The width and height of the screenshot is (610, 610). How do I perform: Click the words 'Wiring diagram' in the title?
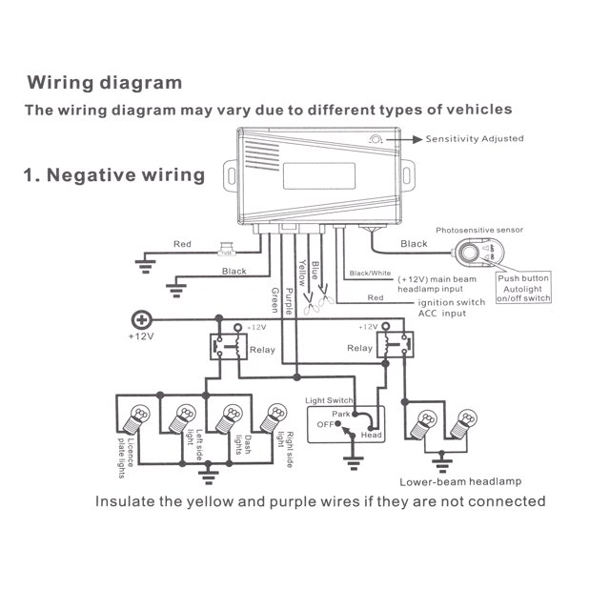[x=104, y=83]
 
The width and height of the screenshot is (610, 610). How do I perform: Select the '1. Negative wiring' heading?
[x=112, y=174]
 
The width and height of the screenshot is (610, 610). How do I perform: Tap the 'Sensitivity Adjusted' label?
[x=474, y=139]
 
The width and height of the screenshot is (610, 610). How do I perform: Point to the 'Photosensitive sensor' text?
[x=479, y=230]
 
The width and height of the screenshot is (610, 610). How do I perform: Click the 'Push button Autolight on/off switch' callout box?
[x=524, y=289]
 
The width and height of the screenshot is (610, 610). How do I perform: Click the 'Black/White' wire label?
[x=371, y=274]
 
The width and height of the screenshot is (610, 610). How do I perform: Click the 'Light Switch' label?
[x=329, y=402]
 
